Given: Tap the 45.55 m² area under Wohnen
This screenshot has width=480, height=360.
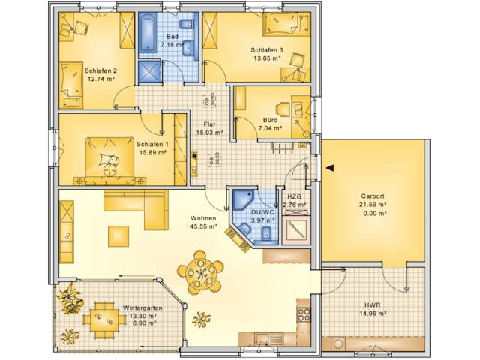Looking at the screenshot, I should pos(203,226).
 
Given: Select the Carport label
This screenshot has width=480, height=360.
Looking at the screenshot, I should pos(372,196).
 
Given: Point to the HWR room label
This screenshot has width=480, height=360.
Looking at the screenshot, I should pos(372,304).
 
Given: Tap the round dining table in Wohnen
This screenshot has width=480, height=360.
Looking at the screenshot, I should pos(200,269).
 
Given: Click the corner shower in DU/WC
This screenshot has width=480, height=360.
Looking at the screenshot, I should pos(242,201).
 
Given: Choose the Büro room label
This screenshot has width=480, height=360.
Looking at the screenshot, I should pos(271,119).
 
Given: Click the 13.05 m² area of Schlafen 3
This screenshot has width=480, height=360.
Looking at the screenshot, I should pos(265,58).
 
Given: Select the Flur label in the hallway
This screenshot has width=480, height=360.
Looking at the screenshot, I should pos(209,124).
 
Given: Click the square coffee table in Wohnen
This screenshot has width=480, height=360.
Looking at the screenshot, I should pos(118,235).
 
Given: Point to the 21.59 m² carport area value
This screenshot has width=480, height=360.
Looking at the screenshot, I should pos(372,204).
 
